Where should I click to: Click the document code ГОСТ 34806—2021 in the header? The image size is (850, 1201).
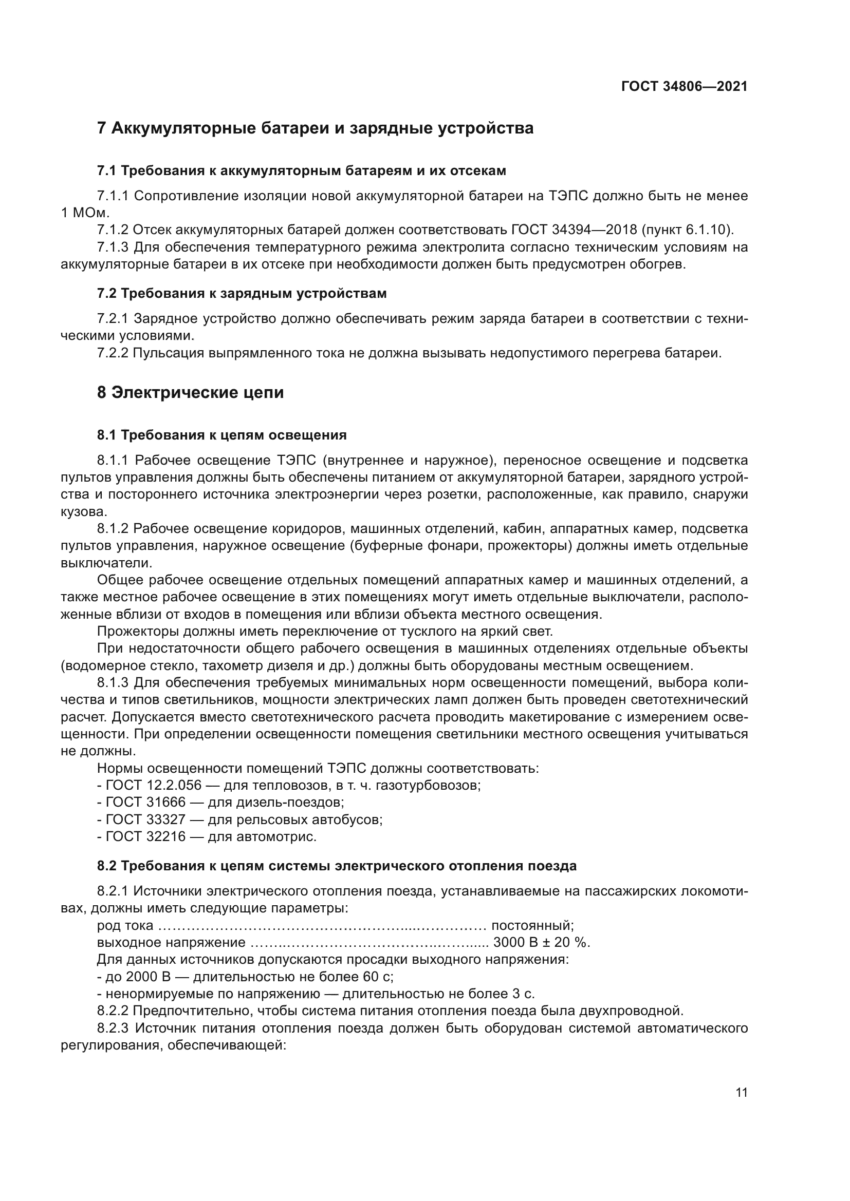pyautogui.click(x=683, y=86)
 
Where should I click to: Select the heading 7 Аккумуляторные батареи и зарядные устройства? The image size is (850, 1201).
pyautogui.click(x=315, y=128)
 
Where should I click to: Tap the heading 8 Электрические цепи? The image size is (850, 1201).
pyautogui.click(x=191, y=392)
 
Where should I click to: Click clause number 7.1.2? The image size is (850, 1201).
pyautogui.click(x=113, y=230)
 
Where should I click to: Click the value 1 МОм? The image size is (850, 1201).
pyautogui.click(x=85, y=213)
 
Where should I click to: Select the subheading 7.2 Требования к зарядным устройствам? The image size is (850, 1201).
pyautogui.click(x=242, y=294)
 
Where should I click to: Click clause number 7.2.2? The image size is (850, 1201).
pyautogui.click(x=113, y=353)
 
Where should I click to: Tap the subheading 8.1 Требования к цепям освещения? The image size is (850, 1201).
pyautogui.click(x=222, y=435)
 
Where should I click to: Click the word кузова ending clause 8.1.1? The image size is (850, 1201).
pyautogui.click(x=84, y=511)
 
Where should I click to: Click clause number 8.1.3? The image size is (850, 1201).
pyautogui.click(x=113, y=682)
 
